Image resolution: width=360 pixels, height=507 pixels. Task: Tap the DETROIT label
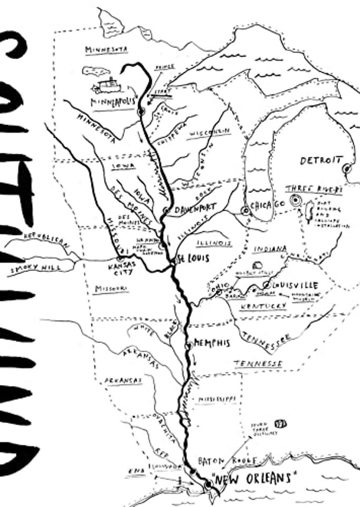320,161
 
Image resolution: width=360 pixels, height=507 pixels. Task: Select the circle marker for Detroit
347,168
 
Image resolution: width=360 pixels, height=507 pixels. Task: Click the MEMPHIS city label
212,343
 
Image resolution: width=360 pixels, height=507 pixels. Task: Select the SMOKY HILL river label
35,269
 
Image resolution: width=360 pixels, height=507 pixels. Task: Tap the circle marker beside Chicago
245,210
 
